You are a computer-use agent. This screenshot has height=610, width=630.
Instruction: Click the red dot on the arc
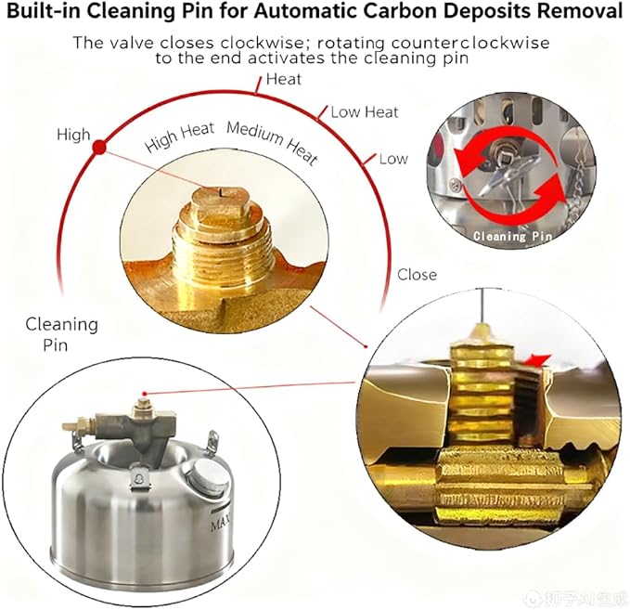coord(99,148)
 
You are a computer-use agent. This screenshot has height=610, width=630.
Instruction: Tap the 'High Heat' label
coord(180,136)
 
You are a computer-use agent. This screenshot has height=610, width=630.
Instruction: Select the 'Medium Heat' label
coord(273,143)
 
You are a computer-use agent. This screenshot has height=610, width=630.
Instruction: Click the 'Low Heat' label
coord(365,112)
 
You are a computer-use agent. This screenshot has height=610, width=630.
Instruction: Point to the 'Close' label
coord(417,275)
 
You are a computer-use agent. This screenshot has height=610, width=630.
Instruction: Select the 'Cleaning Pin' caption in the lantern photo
coord(512,236)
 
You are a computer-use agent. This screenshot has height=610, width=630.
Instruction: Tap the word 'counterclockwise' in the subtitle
coord(469,43)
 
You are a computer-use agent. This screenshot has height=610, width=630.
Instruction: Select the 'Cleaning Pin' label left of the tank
coord(61,334)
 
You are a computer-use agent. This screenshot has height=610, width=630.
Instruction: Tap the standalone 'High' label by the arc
coord(73,135)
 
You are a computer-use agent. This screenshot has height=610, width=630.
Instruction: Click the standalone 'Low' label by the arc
coord(393,159)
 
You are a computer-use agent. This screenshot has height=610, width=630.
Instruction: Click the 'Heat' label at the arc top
coord(284,79)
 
